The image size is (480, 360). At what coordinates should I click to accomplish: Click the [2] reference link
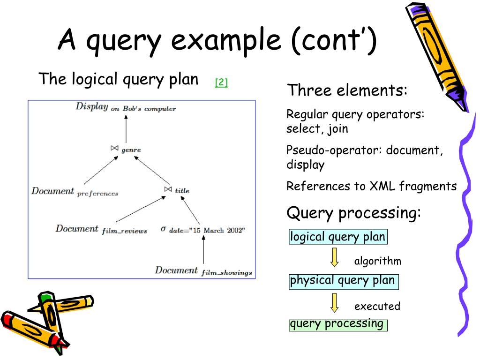pos(221,83)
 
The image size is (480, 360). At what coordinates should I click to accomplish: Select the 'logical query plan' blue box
pos(337,237)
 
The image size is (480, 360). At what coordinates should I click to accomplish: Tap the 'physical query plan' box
pos(343,281)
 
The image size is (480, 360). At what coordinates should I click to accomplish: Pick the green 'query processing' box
pos(337,324)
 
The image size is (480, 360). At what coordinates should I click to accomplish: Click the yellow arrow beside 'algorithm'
pos(334,257)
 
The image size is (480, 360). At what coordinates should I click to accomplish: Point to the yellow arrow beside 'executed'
pos(334,302)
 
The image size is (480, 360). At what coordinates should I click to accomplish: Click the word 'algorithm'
pos(378,261)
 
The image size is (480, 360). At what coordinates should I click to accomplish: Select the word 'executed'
pos(377,307)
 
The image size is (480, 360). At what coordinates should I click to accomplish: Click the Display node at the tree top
pos(126,107)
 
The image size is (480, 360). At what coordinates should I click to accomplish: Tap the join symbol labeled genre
pos(114,148)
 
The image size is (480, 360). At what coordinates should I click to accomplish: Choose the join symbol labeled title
pos(168,189)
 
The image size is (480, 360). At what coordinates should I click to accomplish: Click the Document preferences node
pos(75,192)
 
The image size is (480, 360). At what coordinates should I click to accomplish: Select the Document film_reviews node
pos(101,229)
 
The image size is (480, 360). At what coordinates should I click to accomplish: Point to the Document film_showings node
pos(203,271)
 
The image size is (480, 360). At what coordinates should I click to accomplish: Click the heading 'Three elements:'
pos(347,90)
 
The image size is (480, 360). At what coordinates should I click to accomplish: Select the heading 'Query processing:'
pos(353,213)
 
